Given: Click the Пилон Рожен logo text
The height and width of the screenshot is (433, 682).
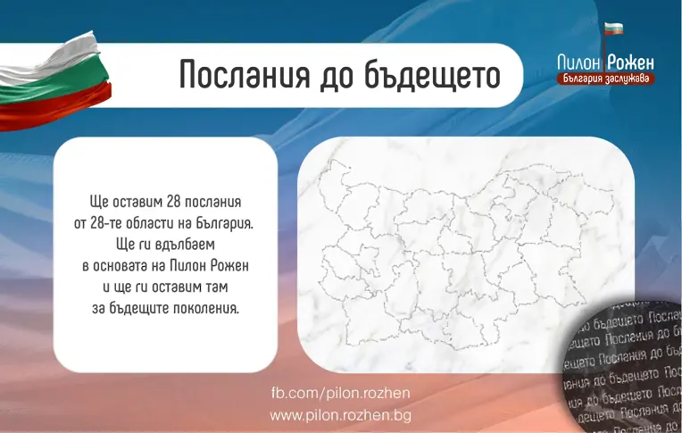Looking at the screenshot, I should tap(605, 62).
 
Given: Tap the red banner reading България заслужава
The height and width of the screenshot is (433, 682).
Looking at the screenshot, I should tap(604, 79).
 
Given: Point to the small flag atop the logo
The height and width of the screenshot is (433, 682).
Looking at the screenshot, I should tap(613, 29).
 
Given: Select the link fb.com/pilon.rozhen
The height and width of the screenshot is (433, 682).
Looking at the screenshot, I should tap(340, 394).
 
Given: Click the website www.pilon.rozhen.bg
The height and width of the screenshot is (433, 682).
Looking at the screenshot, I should tap(340, 415).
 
